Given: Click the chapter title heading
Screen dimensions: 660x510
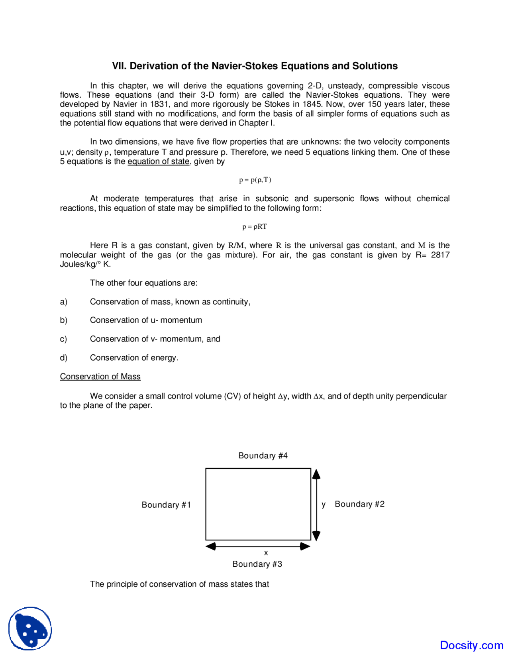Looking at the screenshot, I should tap(255, 66).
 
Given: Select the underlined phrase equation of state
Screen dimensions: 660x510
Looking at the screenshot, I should tap(158, 161).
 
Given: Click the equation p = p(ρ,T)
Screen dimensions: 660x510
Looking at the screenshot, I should tap(255, 180).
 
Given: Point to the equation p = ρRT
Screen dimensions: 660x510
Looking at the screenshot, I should tap(255, 227).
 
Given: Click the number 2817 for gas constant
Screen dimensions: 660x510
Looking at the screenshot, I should tap(440, 255).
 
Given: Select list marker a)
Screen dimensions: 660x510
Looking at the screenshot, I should tap(64, 302).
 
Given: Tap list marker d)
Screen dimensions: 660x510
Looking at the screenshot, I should tap(64, 358).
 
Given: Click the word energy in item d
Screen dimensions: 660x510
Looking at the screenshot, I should tap(163, 358).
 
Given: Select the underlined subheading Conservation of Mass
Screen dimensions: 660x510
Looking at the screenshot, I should tap(100, 377).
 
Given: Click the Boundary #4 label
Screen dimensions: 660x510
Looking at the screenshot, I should tap(263, 456).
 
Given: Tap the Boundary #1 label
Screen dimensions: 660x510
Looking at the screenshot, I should tap(166, 505).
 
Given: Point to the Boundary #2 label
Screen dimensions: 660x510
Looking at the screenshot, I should tap(359, 504).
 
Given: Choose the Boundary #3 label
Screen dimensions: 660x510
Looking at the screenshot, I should tap(257, 564).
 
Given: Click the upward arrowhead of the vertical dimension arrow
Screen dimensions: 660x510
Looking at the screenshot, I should tap(316, 474).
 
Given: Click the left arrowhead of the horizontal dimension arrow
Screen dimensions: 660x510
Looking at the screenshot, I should tap(211, 546).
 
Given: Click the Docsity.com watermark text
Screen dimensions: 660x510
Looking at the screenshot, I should tap(471, 645).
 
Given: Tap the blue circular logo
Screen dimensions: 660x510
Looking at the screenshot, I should tap(30, 629).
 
